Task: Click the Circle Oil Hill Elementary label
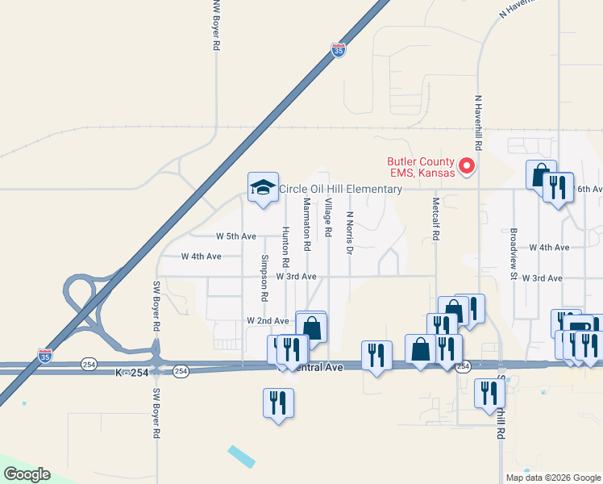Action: (340, 190)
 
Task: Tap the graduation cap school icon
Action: (263, 188)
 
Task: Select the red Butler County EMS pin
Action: (466, 166)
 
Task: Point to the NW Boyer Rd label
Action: (215, 26)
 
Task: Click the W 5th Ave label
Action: (235, 236)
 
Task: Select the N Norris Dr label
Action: (349, 234)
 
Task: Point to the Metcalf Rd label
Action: (435, 221)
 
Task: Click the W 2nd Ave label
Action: (268, 321)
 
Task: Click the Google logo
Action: (27, 474)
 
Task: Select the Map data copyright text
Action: (553, 478)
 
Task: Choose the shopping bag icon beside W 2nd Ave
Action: (311, 328)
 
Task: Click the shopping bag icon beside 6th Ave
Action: (540, 175)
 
